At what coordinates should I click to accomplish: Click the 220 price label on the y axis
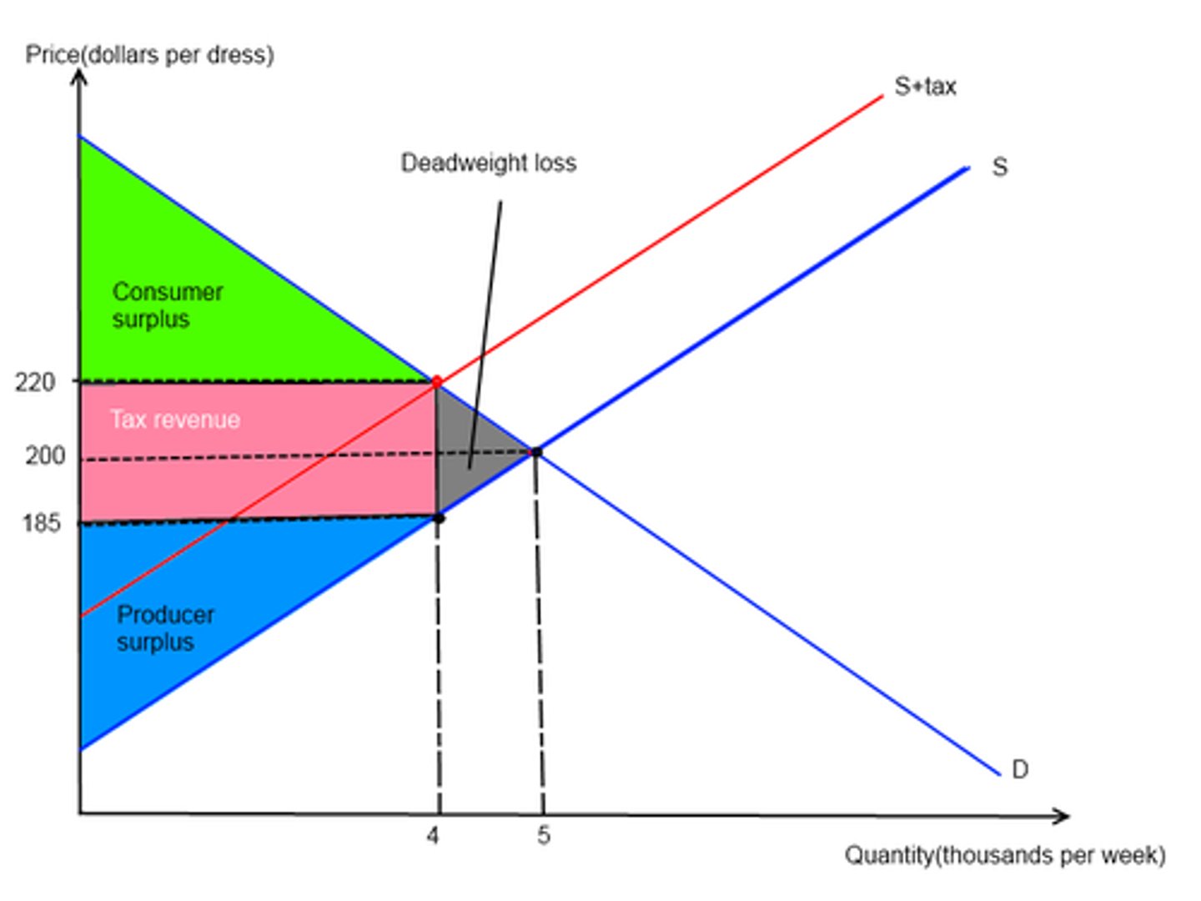[x=35, y=382]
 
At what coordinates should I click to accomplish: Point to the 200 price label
[x=44, y=456]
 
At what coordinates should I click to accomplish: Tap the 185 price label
[x=41, y=523]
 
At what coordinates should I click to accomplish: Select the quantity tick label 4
[x=432, y=835]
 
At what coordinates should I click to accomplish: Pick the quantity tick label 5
[x=543, y=835]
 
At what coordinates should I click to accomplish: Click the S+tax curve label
[x=925, y=86]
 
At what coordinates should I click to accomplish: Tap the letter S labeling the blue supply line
[x=999, y=167]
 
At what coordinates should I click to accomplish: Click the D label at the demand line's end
[x=1019, y=769]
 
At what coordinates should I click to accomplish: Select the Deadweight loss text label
[x=488, y=163]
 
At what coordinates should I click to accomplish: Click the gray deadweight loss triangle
[x=467, y=450]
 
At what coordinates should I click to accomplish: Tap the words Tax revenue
[x=175, y=419]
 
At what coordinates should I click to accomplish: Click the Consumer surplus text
[x=167, y=305]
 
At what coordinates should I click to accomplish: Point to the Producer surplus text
[x=165, y=628]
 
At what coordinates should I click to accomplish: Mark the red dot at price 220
[x=436, y=381]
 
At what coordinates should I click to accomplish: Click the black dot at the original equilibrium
[x=536, y=452]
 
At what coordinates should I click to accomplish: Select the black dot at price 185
[x=439, y=518]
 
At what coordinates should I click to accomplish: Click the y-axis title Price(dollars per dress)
[x=149, y=55]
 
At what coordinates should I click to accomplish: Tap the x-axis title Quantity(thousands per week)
[x=1005, y=855]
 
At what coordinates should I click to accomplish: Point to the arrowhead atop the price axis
[x=79, y=78]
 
